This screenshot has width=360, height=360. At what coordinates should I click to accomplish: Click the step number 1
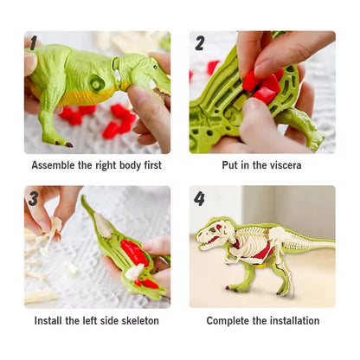pos(33,43)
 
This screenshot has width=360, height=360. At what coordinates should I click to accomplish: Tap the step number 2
pos(200,43)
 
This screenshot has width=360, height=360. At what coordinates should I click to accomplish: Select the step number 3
pos(33,198)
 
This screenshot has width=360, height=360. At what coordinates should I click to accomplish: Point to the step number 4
pos(199,198)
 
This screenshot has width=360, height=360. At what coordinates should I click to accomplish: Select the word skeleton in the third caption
pos(137,321)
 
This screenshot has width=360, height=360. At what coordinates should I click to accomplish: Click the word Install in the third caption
pos(51,321)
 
